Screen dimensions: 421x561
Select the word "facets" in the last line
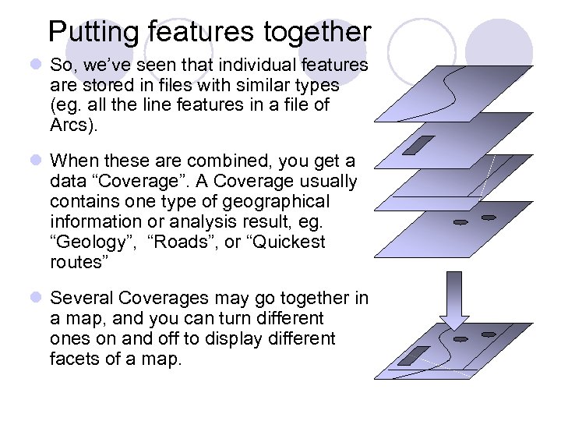(x=74, y=359)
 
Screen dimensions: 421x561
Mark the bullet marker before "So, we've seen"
(x=37, y=65)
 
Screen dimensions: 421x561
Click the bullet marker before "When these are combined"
(x=37, y=161)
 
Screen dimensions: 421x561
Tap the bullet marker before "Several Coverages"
(x=37, y=299)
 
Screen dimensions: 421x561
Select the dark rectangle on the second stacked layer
(x=423, y=144)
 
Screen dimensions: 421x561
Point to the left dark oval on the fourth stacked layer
(x=460, y=222)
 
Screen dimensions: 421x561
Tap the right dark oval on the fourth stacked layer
(x=489, y=217)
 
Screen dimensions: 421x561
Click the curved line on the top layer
(x=447, y=86)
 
